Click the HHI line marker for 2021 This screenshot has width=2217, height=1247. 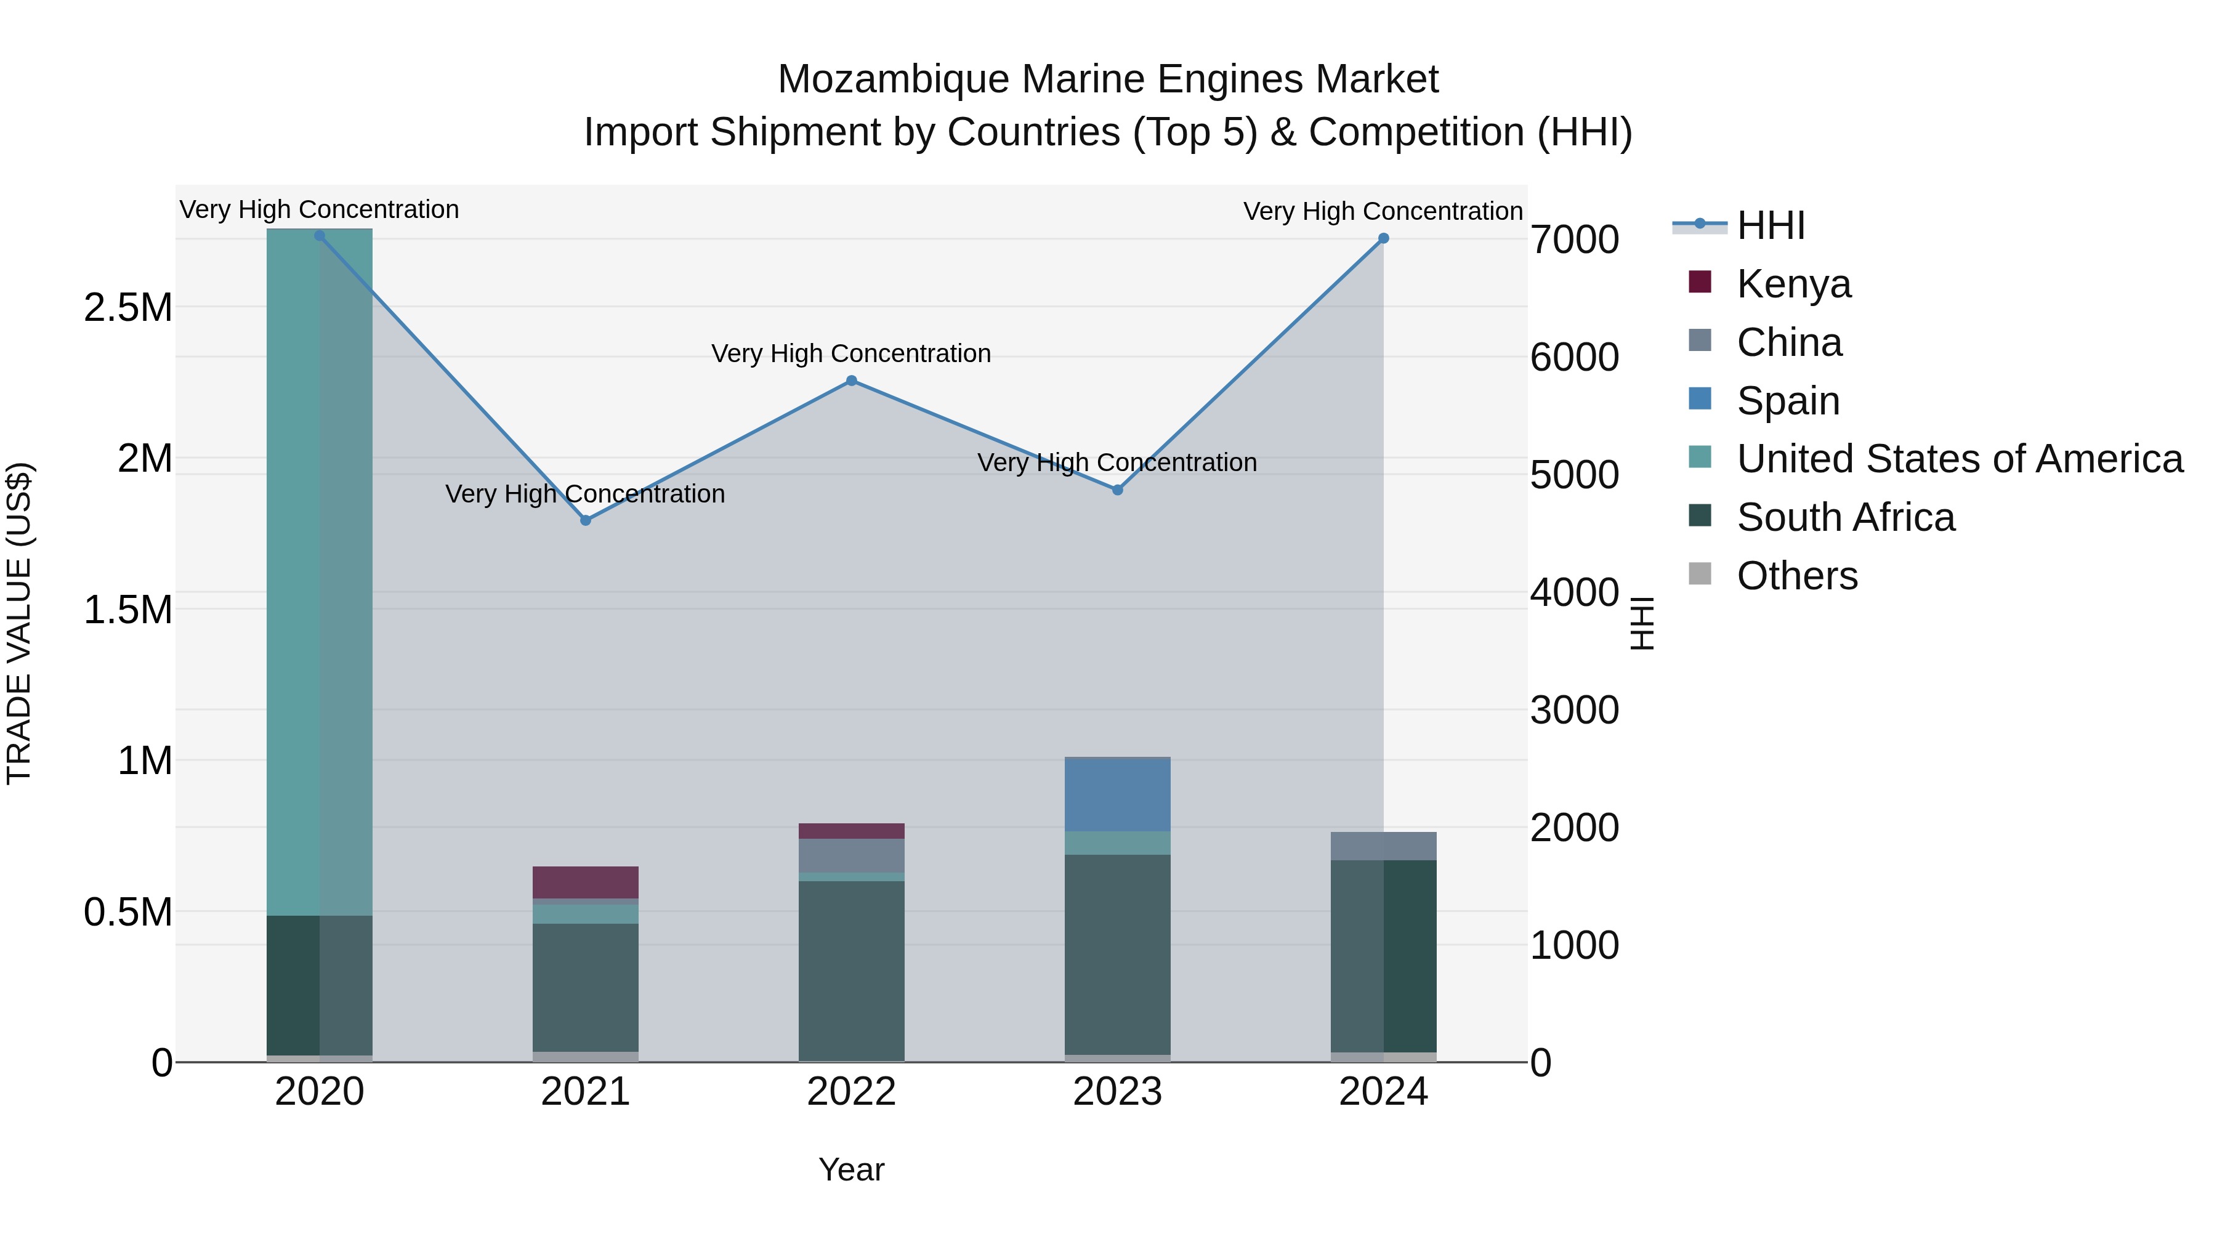tap(585, 520)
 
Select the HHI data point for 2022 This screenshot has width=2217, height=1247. tap(851, 381)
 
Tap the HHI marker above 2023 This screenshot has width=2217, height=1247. tap(1117, 490)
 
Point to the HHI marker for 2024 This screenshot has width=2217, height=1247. tap(1383, 238)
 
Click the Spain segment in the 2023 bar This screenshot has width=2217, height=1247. tap(1117, 794)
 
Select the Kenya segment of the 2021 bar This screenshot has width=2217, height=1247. tap(585, 882)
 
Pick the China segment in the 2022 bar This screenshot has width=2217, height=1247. tap(851, 855)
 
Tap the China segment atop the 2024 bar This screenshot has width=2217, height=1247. tap(1383, 846)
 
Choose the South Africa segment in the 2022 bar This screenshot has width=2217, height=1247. tap(851, 970)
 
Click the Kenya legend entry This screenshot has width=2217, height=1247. tap(1793, 284)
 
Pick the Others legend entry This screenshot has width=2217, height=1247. tap(1796, 576)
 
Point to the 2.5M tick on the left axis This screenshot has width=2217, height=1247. tap(127, 308)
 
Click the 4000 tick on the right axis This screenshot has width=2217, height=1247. tap(1573, 593)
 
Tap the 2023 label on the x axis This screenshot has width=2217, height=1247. tap(1117, 1092)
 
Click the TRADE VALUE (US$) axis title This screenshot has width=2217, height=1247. tap(19, 623)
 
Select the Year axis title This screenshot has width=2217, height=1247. tap(851, 1169)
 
